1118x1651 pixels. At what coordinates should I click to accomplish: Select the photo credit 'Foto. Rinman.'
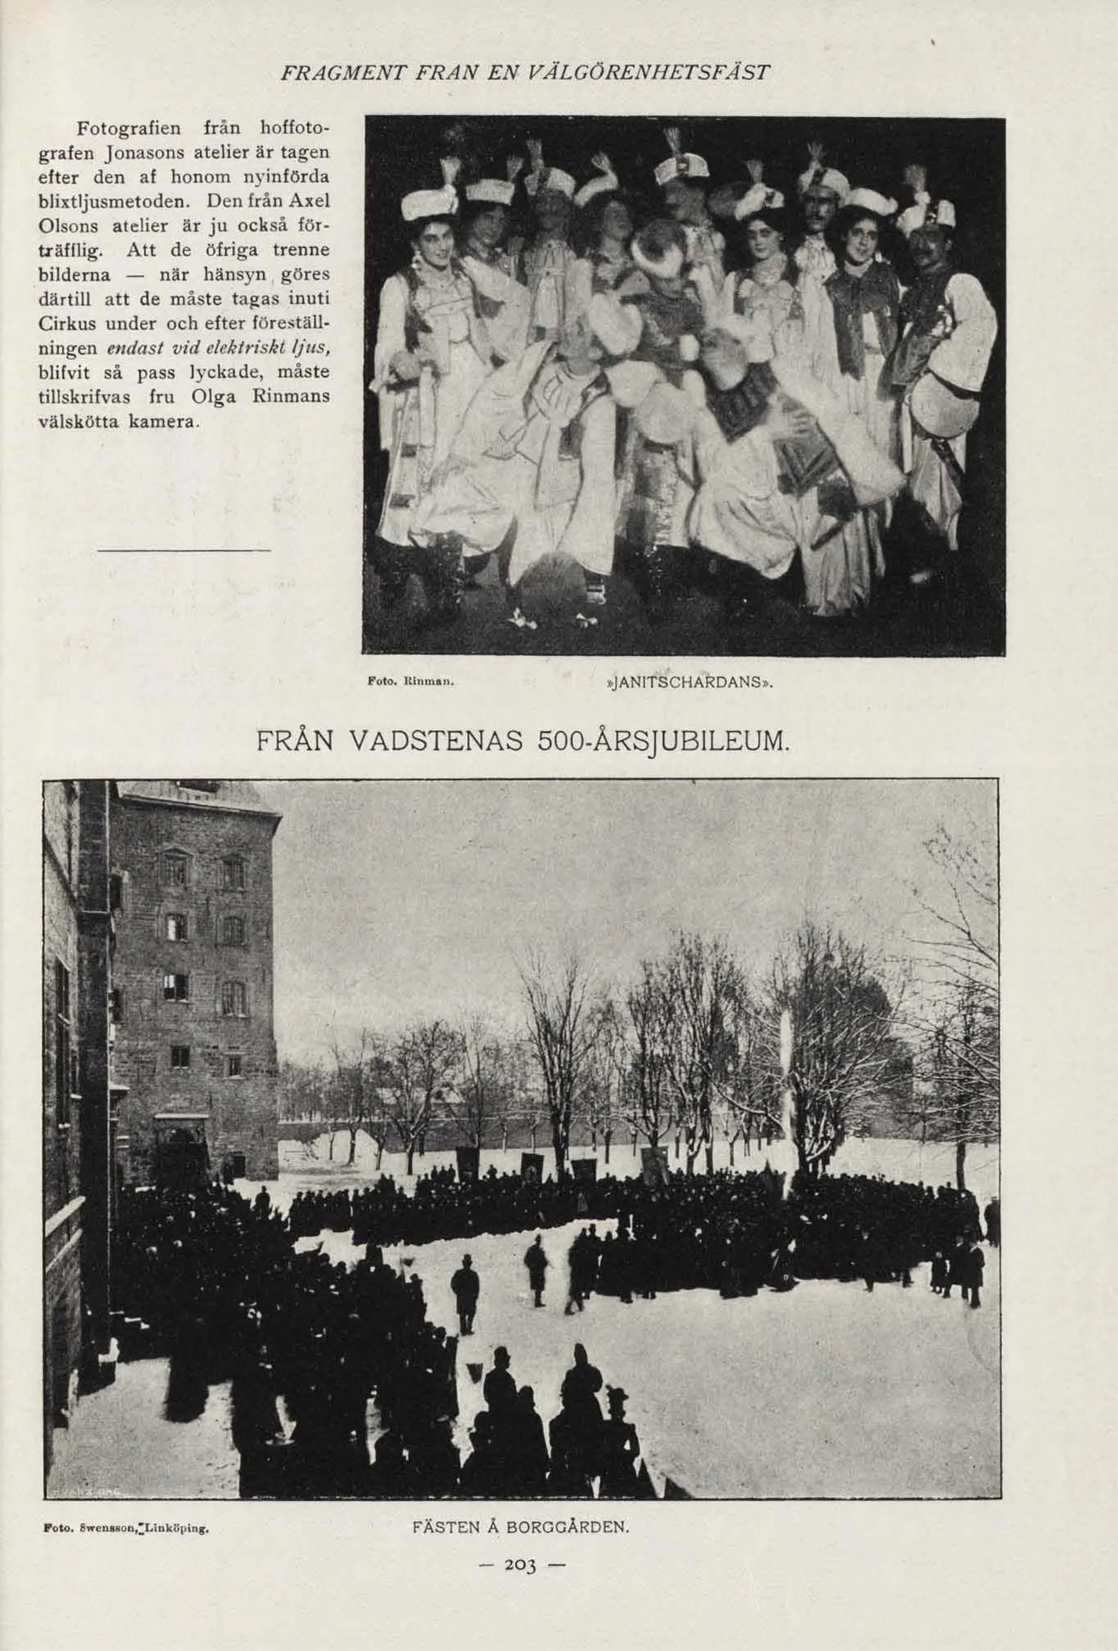click(x=410, y=683)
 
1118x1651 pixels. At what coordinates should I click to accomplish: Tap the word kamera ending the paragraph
click(x=163, y=421)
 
